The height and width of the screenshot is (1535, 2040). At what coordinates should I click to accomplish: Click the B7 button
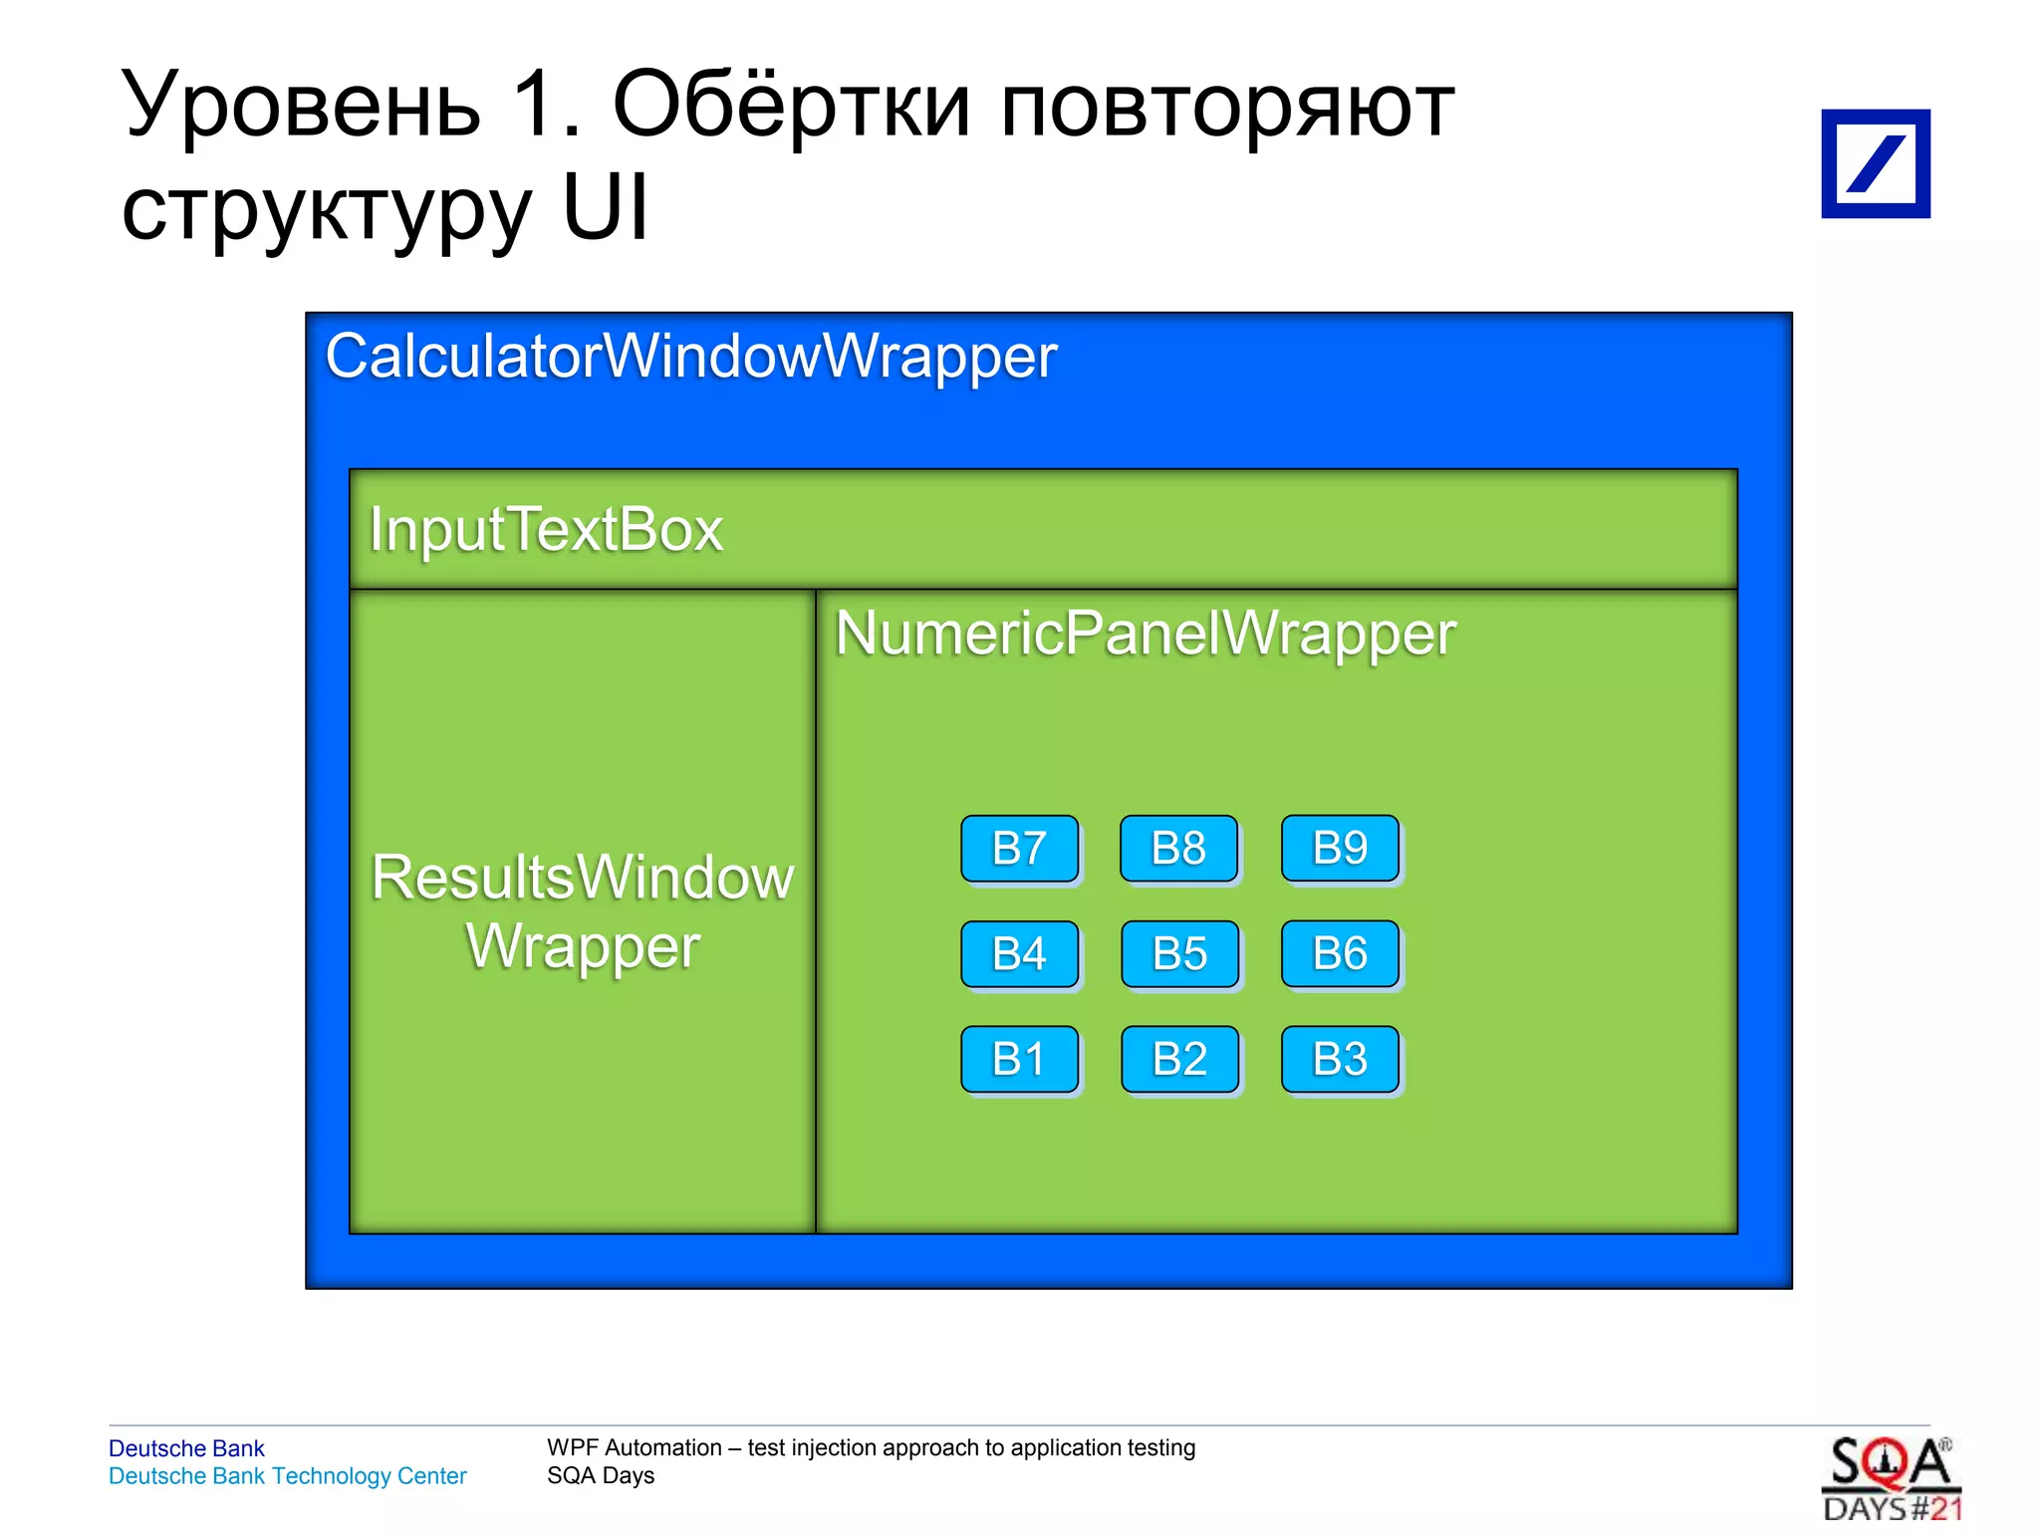(x=1019, y=849)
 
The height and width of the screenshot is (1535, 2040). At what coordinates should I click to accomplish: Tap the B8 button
(x=1178, y=849)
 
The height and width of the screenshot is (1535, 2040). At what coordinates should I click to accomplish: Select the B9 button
(x=1340, y=848)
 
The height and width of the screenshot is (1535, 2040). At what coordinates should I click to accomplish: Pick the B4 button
(x=1019, y=954)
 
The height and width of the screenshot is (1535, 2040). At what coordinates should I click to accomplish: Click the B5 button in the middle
(x=1179, y=954)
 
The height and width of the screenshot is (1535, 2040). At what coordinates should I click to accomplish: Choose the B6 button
(x=1340, y=953)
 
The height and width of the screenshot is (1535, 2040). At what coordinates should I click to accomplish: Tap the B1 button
(x=1019, y=1059)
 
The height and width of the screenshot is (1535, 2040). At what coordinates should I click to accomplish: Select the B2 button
(x=1179, y=1059)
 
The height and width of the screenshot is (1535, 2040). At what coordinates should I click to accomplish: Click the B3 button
(x=1340, y=1059)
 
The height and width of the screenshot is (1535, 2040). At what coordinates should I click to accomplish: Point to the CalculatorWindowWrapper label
(x=690, y=357)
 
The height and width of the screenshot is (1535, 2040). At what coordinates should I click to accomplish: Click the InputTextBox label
(x=546, y=529)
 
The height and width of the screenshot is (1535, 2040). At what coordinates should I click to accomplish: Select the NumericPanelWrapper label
(x=1146, y=634)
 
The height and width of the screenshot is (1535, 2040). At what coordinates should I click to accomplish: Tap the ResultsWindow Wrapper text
(x=583, y=911)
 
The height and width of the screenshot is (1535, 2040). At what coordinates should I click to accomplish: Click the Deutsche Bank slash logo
(x=1875, y=163)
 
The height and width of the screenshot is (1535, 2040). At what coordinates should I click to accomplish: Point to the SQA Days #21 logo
(x=1891, y=1479)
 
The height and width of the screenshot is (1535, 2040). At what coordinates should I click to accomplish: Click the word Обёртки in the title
(x=791, y=106)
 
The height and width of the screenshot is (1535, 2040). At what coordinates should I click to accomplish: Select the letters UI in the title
(x=605, y=208)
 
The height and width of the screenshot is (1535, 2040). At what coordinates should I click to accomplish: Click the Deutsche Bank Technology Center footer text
(x=287, y=1476)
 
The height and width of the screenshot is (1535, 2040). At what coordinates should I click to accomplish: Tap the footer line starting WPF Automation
(x=871, y=1447)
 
